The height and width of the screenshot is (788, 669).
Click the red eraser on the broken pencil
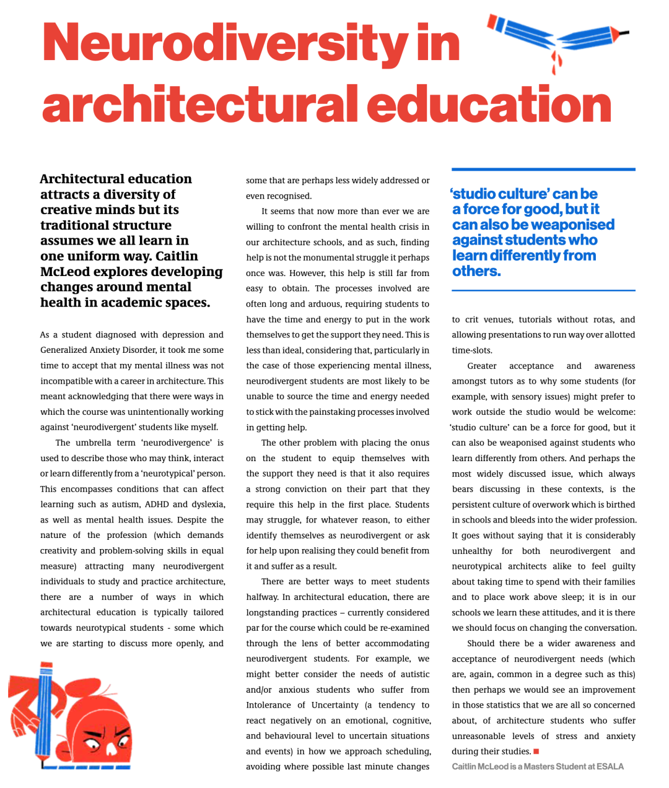tap(494, 23)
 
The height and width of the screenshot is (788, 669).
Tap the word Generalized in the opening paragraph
tap(68, 350)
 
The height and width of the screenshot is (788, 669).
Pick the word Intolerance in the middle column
tap(268, 705)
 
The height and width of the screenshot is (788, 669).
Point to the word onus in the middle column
tap(420, 443)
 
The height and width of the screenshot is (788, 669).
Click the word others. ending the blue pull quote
tap(476, 271)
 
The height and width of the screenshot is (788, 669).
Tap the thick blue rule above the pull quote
tap(543, 169)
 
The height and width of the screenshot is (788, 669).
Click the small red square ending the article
tap(536, 751)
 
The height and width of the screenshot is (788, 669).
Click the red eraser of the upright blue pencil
tap(46, 669)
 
